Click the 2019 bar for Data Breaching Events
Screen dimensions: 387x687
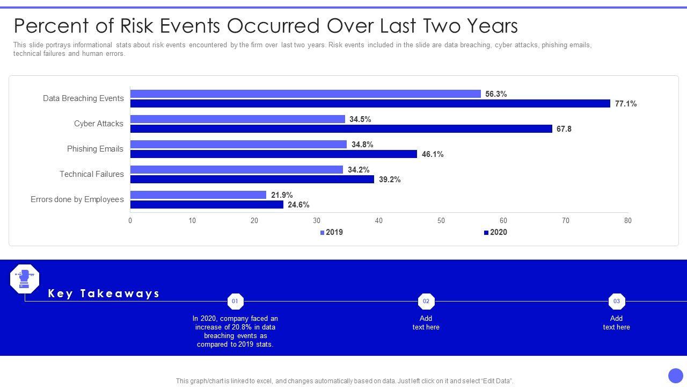[x=305, y=94]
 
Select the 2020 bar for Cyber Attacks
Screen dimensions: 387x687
[x=341, y=129]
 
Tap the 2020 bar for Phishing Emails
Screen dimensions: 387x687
[x=273, y=154]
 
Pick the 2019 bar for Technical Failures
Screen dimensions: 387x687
[x=236, y=170]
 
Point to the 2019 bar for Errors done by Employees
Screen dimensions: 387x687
[x=198, y=195]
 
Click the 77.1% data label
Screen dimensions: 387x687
[x=626, y=104]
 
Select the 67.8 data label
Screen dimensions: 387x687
[x=564, y=129]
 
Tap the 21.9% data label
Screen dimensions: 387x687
[x=282, y=195]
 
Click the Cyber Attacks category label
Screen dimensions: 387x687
[x=99, y=124]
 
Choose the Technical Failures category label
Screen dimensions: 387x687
[x=92, y=174]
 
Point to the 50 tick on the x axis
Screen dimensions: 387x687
[x=441, y=220]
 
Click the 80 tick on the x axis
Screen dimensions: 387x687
[x=627, y=220]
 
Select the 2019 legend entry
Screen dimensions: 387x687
[x=332, y=232]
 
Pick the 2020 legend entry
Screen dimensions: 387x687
[x=495, y=232]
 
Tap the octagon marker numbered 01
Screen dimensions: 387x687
[x=235, y=301]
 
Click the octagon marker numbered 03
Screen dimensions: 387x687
[x=616, y=301]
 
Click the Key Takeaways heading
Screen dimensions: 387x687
[x=104, y=293]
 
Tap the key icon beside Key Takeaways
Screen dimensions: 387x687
[x=25, y=279]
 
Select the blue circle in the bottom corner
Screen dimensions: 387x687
[x=675, y=376]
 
